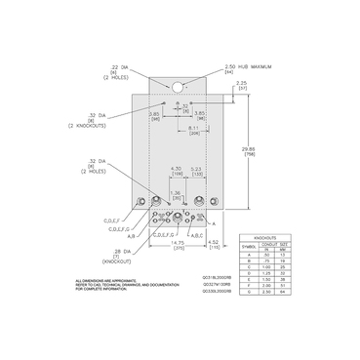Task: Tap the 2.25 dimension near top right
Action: click(240, 85)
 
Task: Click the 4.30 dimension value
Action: click(177, 169)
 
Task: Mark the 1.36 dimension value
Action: click(177, 193)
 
